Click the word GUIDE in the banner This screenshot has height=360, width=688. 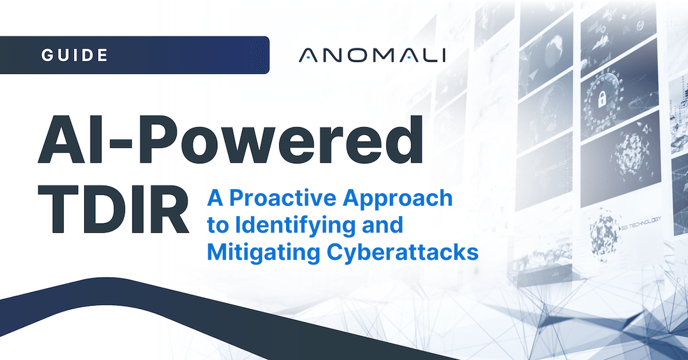75,55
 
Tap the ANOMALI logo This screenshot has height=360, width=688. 372,55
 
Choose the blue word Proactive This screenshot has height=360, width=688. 287,198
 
